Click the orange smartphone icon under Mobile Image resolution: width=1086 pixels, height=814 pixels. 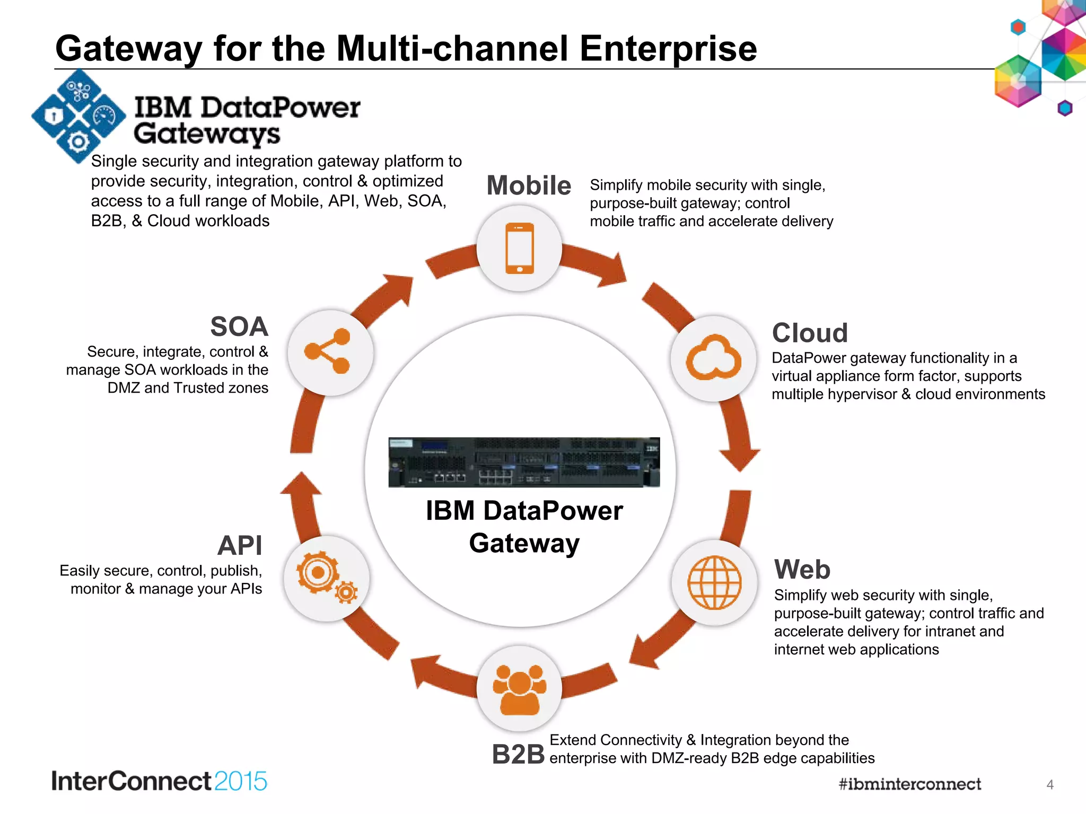[520, 248]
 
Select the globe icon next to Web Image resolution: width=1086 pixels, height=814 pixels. [714, 582]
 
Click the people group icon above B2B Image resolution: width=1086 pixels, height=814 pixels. [519, 689]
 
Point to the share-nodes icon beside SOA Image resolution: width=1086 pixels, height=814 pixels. [329, 351]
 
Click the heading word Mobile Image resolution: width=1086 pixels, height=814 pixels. [529, 185]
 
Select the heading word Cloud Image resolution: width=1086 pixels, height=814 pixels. [810, 333]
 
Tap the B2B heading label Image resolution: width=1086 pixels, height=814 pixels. [518, 754]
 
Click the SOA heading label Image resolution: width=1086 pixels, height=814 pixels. [239, 326]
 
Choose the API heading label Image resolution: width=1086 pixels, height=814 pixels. [240, 545]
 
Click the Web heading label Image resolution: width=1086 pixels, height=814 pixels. [802, 570]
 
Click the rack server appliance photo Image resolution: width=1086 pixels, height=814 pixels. [524, 462]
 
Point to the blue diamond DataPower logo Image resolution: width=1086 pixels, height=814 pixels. [78, 116]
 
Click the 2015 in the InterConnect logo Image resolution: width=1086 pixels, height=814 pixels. [241, 781]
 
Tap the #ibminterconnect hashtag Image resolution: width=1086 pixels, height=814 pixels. [909, 784]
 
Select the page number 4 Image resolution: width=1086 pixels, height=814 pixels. [1049, 785]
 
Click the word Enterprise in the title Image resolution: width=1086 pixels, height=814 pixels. [668, 49]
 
